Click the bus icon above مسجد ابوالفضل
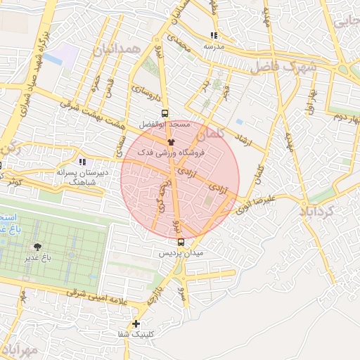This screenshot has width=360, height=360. [x=165, y=112]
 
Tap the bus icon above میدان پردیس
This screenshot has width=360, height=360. [x=181, y=242]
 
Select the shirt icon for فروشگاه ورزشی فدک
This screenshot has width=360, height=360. [x=171, y=141]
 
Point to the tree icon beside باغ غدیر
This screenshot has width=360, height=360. [x=37, y=247]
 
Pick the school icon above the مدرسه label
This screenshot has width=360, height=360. [x=214, y=35]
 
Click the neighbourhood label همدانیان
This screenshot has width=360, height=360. [x=112, y=49]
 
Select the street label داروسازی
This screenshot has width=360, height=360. [x=148, y=91]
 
